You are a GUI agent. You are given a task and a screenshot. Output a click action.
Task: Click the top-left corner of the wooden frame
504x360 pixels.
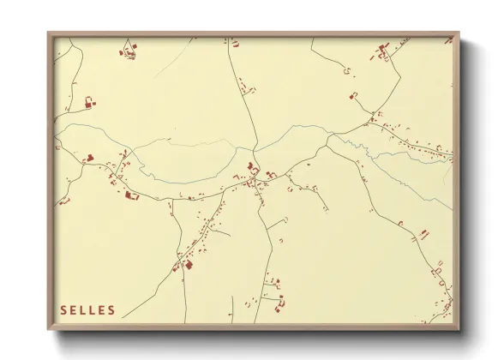[x=48, y=33]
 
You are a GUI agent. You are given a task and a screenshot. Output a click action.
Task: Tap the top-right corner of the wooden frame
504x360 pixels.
[x=459, y=33]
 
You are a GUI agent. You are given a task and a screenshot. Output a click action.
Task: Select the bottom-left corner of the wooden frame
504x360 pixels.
[x=48, y=329]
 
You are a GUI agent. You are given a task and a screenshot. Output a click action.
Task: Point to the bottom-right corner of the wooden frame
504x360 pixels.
[x=459, y=329]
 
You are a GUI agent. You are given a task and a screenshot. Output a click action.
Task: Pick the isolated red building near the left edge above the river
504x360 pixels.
[x=89, y=103]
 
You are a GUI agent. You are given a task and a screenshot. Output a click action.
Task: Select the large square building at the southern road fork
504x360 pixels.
[x=188, y=265]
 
